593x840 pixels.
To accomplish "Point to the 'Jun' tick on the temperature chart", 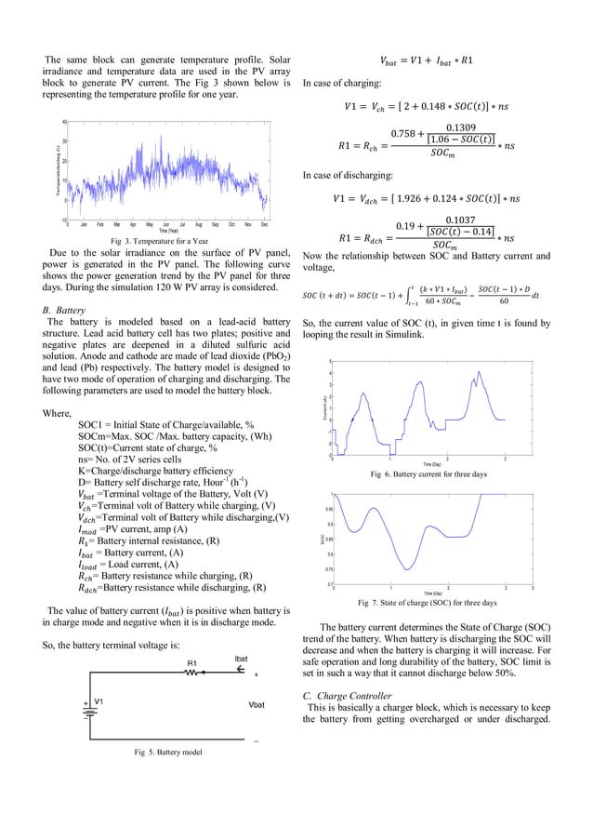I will click(x=165, y=225).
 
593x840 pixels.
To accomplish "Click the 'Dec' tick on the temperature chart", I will click(x=265, y=225).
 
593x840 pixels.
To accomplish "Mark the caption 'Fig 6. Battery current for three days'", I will click(x=428, y=474).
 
